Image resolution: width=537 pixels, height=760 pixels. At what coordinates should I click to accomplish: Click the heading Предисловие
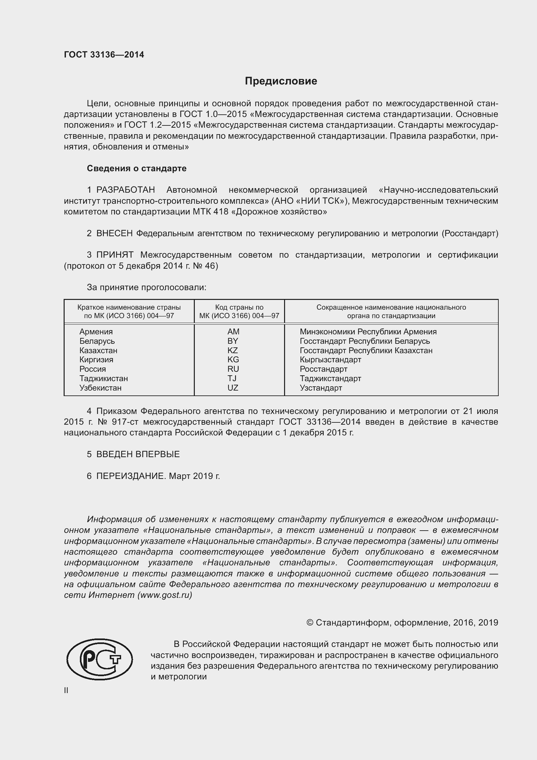281,81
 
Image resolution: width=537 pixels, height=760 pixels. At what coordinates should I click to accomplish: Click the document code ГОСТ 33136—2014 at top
104,55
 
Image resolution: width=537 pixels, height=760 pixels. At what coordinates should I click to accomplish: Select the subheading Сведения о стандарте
137,169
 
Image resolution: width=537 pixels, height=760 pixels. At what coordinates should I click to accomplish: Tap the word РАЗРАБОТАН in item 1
126,190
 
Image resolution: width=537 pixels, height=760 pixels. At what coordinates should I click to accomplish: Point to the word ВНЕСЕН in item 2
114,233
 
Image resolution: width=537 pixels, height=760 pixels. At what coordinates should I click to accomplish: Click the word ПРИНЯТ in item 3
115,255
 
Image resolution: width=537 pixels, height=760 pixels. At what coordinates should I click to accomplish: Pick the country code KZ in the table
233,351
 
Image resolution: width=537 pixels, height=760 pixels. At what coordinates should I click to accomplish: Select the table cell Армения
96,332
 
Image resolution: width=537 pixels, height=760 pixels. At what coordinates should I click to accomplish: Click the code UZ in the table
233,388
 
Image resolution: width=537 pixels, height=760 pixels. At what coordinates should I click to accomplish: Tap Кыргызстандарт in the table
330,360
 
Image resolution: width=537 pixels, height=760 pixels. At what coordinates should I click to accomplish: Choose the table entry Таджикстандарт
330,378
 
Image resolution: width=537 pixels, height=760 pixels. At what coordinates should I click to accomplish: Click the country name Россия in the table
93,369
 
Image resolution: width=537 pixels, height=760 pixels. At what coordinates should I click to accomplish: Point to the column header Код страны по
239,307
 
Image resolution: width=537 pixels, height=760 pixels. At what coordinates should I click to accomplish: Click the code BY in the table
233,341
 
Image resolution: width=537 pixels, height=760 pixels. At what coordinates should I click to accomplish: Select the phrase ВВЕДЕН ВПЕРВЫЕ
138,454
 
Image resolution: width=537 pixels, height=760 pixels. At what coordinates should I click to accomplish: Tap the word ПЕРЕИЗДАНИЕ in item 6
130,476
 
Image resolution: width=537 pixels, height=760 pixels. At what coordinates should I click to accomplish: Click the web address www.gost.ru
165,595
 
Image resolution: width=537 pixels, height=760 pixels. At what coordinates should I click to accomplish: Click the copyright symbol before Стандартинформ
310,623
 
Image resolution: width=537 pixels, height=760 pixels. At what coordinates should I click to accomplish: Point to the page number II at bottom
66,690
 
